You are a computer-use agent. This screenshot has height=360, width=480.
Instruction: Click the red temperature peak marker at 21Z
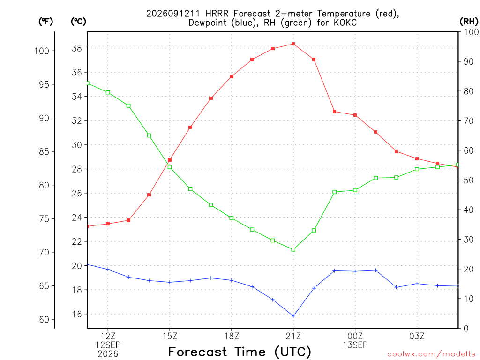click(293, 44)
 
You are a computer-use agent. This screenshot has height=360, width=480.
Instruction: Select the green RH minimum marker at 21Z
click(293, 249)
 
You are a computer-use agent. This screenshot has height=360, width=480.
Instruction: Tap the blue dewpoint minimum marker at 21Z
click(293, 316)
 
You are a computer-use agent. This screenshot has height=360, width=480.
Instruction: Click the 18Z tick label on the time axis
click(232, 336)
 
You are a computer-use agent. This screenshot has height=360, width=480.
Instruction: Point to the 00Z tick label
click(355, 336)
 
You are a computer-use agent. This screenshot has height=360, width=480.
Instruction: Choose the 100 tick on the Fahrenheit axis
click(42, 51)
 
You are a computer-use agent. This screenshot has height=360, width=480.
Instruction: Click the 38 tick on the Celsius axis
click(77, 48)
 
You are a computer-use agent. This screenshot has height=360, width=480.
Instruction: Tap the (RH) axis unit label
click(469, 22)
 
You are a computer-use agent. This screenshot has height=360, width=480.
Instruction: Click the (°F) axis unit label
click(45, 22)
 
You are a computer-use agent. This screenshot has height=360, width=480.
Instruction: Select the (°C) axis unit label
click(78, 22)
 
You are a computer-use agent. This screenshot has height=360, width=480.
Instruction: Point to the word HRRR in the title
click(217, 14)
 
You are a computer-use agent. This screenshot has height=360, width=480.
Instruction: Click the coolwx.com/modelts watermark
click(431, 354)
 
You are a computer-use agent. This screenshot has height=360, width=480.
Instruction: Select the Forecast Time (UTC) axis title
click(240, 352)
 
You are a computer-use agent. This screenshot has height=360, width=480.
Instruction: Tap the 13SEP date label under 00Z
click(355, 345)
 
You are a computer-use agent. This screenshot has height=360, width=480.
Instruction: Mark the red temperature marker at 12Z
click(108, 224)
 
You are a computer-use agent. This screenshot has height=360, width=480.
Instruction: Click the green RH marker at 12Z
click(108, 92)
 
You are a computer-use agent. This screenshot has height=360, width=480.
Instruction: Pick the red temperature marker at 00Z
click(355, 115)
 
